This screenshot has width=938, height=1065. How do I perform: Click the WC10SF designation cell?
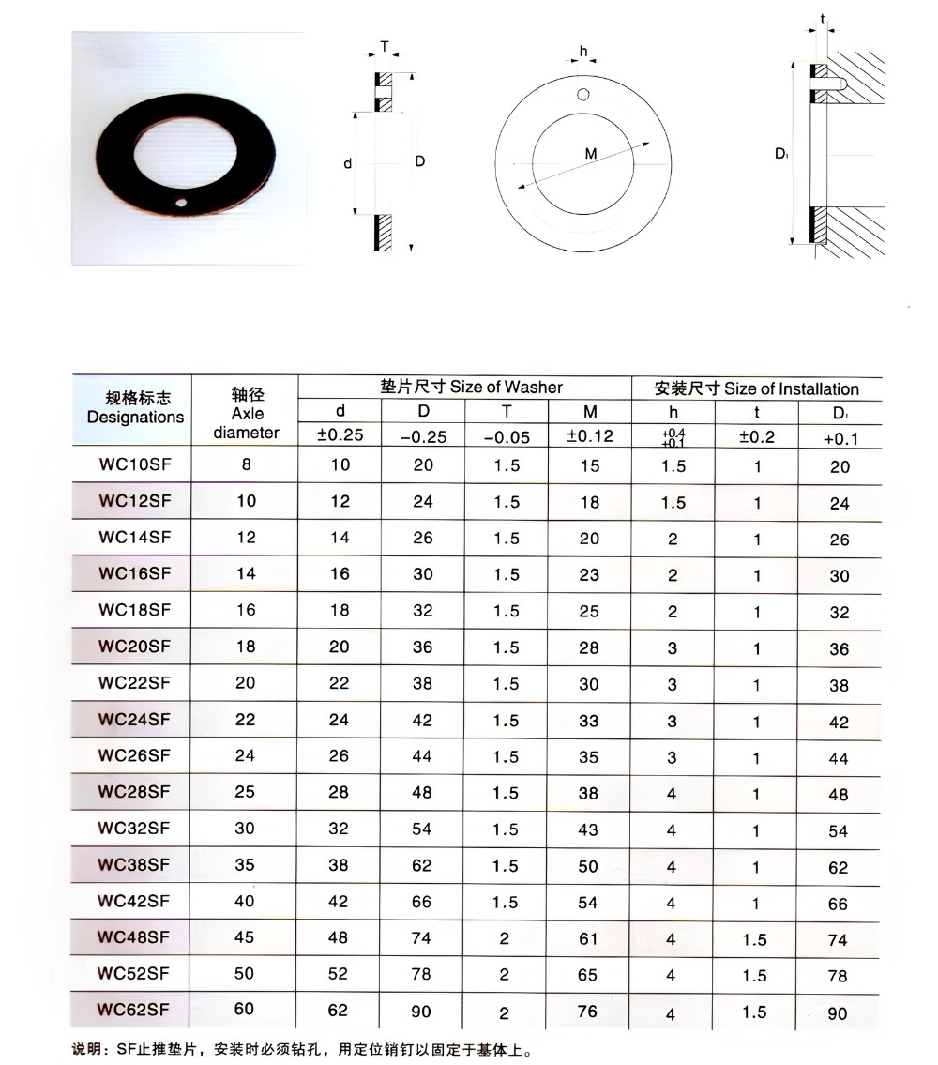pyautogui.click(x=135, y=464)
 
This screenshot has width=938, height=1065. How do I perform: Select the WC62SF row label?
pyautogui.click(x=133, y=1010)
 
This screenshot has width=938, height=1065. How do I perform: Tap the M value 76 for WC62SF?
pyautogui.click(x=587, y=1012)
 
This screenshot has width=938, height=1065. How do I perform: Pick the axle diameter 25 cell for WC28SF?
pyautogui.click(x=245, y=791)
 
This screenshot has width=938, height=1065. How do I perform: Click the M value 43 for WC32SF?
pyautogui.click(x=588, y=829)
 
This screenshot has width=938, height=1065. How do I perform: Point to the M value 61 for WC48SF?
pyautogui.click(x=588, y=938)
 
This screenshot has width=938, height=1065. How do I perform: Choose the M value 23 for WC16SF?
pyautogui.click(x=589, y=574)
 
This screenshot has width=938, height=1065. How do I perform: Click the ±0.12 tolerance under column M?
pyautogui.click(x=590, y=436)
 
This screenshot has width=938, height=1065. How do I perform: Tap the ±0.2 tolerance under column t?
pyautogui.click(x=757, y=436)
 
